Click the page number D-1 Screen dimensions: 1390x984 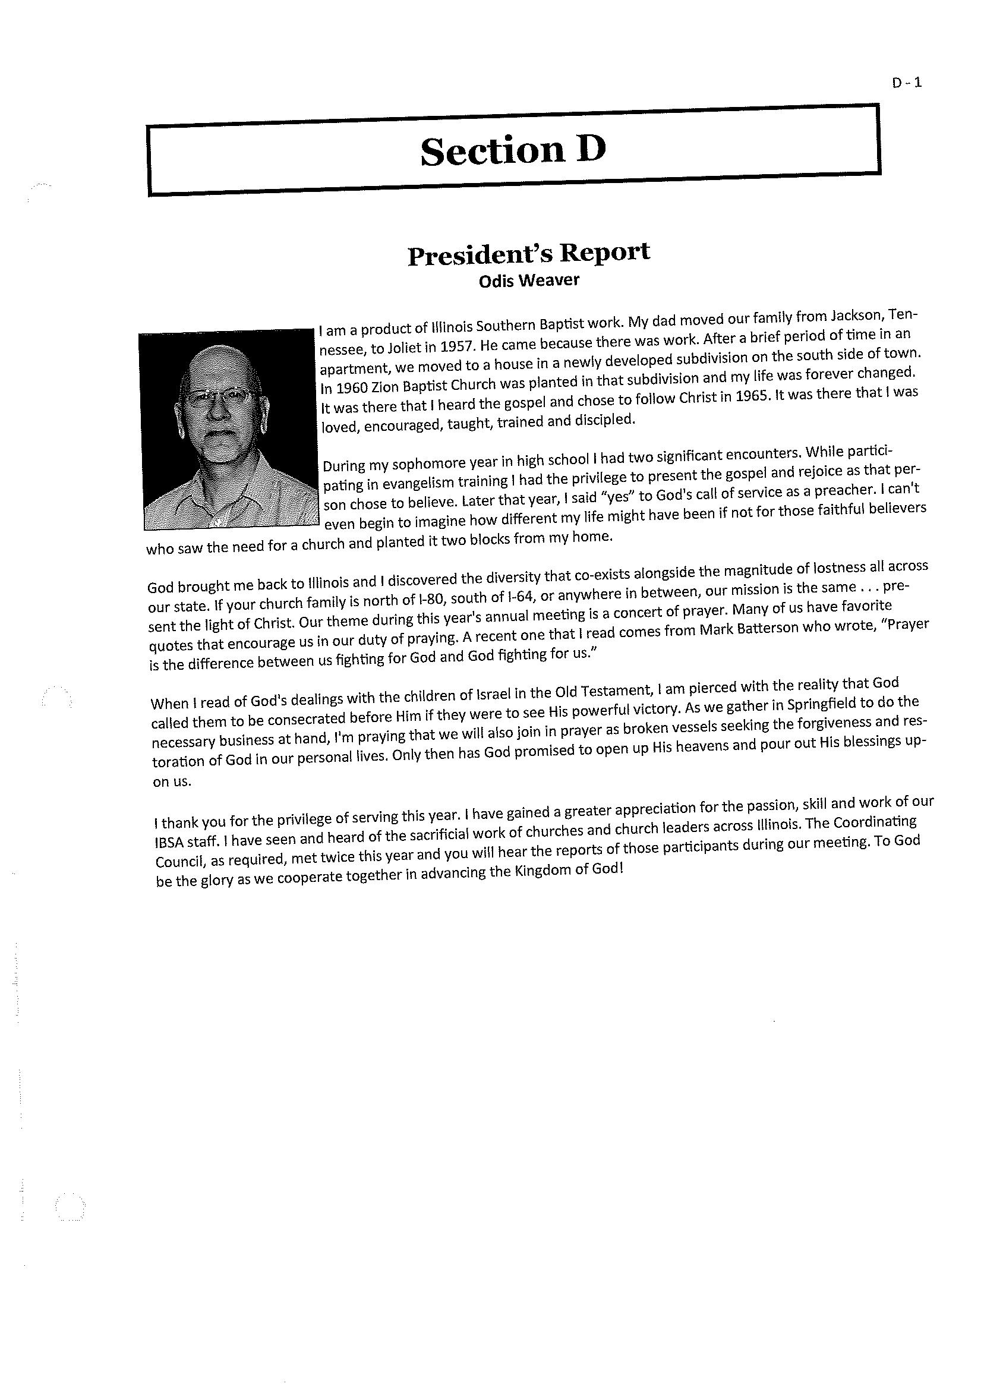point(906,83)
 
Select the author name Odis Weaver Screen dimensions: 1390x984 point(529,280)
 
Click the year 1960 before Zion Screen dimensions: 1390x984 point(348,387)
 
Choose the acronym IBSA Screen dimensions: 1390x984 point(172,842)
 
